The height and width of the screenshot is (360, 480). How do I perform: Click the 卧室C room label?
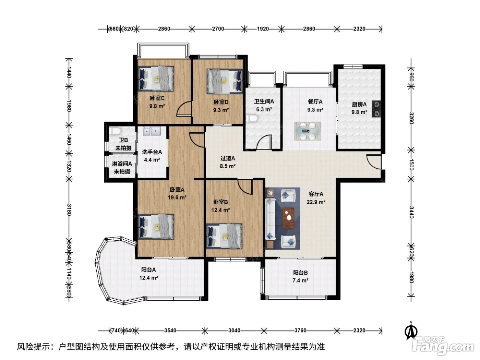coord(157,98)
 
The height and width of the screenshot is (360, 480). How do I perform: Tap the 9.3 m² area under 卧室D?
coord(221,110)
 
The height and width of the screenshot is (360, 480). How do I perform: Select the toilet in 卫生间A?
coord(253,118)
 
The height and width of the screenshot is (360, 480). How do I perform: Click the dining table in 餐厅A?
coord(308,131)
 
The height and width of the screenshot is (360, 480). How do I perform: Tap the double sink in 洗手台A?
coord(152,131)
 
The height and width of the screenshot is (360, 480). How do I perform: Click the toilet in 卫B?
coord(115,131)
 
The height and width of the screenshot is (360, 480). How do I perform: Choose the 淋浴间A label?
coord(122,164)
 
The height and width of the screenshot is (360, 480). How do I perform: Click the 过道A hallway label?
coord(227,158)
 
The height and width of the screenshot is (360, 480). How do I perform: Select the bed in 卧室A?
coord(156,227)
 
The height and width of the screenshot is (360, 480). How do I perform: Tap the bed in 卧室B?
coord(224,236)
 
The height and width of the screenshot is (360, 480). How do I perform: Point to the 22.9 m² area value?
coord(316,202)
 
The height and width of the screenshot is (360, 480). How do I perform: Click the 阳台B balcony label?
coord(300,273)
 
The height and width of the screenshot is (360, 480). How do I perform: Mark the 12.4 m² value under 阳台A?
coord(149,278)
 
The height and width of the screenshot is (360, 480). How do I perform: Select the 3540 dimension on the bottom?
coord(170,331)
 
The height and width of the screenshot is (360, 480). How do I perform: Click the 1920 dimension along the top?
coord(263,29)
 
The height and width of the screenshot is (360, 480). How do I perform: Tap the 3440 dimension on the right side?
coord(411,212)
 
